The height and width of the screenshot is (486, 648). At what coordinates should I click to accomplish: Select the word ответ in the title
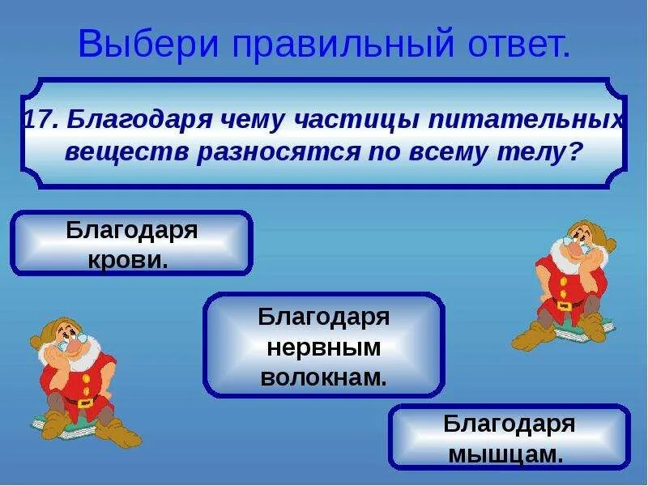tap(511, 45)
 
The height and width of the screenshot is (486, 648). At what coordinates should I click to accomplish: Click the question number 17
tap(39, 120)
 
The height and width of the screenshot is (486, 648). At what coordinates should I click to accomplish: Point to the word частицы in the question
tap(351, 120)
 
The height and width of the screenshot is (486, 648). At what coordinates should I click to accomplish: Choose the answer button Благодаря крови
tap(131, 244)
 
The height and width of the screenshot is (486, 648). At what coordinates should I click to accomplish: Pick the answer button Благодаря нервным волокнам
tap(323, 345)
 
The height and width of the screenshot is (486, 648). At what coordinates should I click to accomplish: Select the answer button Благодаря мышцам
tap(509, 437)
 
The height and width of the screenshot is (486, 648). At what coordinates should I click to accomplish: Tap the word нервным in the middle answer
tap(323, 346)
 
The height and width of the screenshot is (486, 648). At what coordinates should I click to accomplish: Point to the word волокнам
tap(323, 375)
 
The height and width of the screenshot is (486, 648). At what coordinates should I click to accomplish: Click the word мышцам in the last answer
tap(506, 454)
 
